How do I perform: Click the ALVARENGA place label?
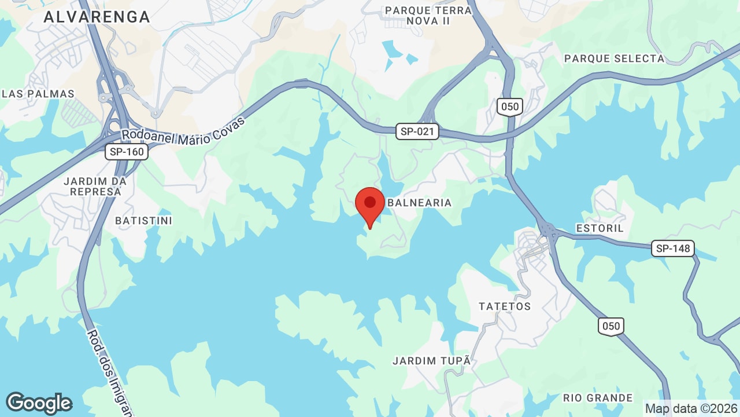tap(97, 17)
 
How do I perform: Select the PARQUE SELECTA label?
tap(614, 58)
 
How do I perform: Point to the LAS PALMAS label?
tap(38, 94)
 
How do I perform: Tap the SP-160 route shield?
tap(127, 152)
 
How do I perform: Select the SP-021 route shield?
tap(417, 131)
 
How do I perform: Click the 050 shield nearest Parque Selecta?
tap(509, 107)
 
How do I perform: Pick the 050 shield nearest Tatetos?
tap(610, 326)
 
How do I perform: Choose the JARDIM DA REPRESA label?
tap(95, 186)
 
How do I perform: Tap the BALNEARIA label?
tap(419, 203)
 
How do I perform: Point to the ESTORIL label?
tap(600, 228)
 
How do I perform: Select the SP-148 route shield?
tap(673, 248)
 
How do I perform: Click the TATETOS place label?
tap(505, 306)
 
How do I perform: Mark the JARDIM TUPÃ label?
tap(431, 361)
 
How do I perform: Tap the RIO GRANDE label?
tap(598, 398)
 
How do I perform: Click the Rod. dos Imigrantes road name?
tap(110, 371)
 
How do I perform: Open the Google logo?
tap(39, 403)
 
